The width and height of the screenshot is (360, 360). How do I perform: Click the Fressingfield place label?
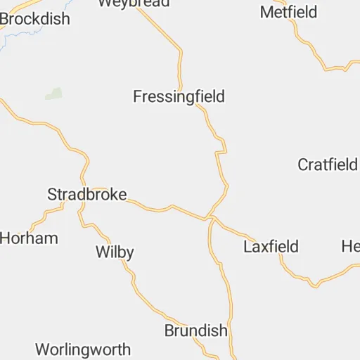[x=179, y=97]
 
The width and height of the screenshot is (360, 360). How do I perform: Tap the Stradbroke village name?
[x=86, y=195]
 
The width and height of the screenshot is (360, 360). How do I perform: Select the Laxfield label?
[x=271, y=247]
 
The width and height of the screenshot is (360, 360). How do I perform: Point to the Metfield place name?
[x=288, y=13]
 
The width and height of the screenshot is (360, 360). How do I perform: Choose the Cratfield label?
[x=328, y=165]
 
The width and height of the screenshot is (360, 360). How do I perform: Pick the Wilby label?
[x=114, y=252]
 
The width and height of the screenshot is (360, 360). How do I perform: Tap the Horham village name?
[x=28, y=238]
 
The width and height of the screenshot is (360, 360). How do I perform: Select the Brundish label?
[x=195, y=330]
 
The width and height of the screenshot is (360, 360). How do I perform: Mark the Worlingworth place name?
[x=83, y=349]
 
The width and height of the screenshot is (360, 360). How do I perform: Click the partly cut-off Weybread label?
[x=134, y=3]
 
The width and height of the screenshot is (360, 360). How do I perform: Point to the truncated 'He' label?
[x=350, y=247]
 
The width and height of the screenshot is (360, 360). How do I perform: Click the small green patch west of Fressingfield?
[x=53, y=94]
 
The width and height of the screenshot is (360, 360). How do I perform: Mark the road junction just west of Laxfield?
[x=210, y=218]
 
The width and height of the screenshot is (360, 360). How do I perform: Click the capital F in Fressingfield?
[x=138, y=97]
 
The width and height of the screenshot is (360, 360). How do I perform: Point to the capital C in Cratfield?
[x=303, y=165]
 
